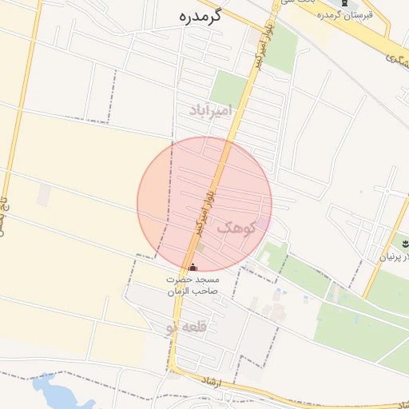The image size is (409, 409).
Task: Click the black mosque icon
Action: [192, 267]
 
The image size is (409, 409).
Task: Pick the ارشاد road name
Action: [233, 384]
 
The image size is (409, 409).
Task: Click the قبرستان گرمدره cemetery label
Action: [346, 16]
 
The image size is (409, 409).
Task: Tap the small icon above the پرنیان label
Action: [403, 243]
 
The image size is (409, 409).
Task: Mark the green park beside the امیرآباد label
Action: [229, 89]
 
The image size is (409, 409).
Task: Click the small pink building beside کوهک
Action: [263, 225]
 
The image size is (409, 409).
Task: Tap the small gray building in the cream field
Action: [43, 195]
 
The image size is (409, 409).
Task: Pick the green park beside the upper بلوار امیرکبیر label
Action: [282, 48]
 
